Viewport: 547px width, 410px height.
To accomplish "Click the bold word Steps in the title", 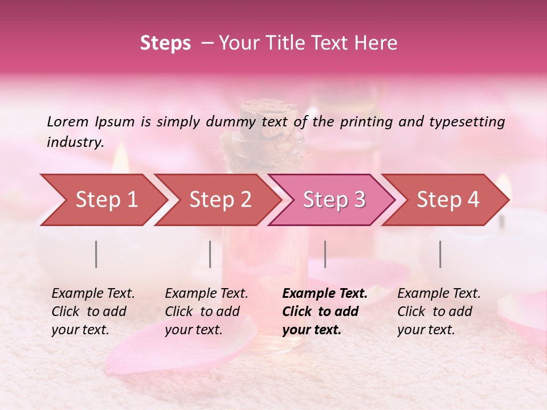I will click(165, 43).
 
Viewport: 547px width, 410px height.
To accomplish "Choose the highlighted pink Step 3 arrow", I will click(332, 200).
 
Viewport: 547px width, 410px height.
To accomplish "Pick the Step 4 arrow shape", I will click(446, 200).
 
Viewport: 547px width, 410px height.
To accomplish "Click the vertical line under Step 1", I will click(96, 254).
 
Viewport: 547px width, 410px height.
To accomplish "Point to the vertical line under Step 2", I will click(210, 254).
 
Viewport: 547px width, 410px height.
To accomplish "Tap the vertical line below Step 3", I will click(325, 254).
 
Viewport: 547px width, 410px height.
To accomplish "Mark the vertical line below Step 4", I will click(440, 254).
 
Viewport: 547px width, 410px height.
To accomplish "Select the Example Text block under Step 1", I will click(93, 311).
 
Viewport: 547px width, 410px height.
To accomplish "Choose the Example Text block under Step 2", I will click(206, 311).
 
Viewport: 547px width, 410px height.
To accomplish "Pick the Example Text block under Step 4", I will click(439, 311).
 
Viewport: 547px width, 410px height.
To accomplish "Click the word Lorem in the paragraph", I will click(68, 121).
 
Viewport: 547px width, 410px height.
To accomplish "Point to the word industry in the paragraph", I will click(75, 142).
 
